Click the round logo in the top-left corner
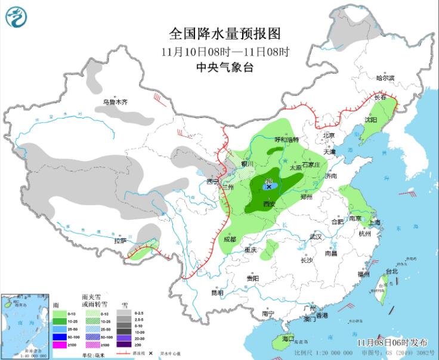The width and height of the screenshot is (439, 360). click(x=16, y=17)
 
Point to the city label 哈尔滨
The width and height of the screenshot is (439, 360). click(x=385, y=77)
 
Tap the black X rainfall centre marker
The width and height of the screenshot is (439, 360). click(x=269, y=187)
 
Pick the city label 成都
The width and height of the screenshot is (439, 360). click(x=230, y=239)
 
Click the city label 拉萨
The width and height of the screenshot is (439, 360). click(x=120, y=241)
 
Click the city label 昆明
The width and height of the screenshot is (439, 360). click(x=217, y=293)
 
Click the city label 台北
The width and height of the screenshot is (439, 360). click(x=391, y=271)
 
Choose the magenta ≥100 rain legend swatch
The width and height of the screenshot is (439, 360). click(x=60, y=345)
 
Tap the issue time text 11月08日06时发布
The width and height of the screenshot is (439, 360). click(x=392, y=343)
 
